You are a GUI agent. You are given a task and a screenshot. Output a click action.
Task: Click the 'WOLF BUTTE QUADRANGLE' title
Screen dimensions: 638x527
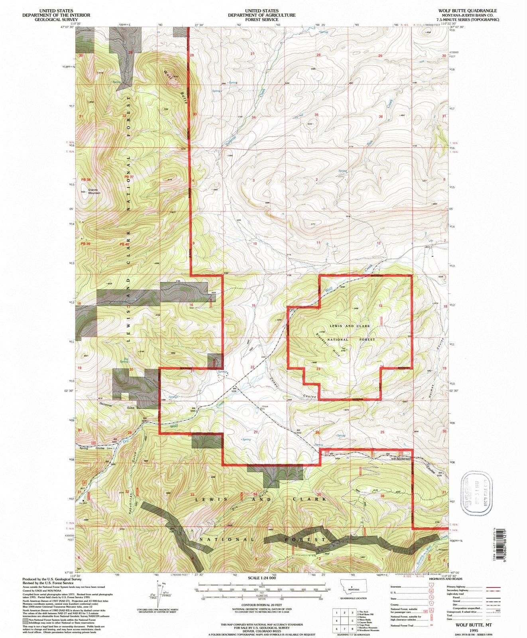coord(467,11)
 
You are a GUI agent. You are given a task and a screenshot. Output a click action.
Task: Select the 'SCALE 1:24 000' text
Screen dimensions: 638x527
coord(262,578)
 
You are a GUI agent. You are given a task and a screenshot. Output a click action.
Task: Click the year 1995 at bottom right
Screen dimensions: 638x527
coord(474,631)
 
